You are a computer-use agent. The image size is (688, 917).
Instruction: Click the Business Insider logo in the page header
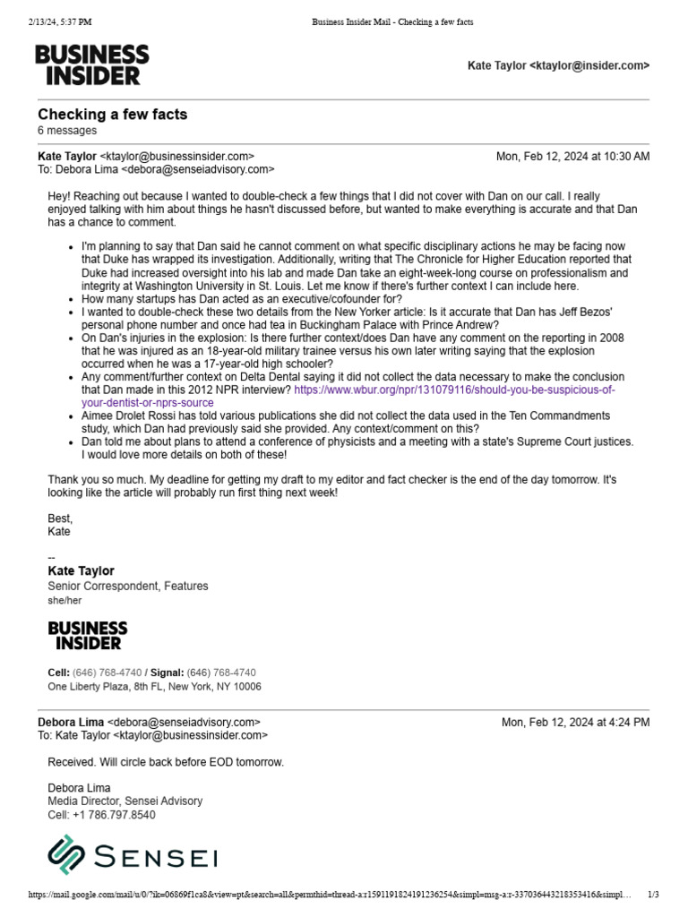tap(91, 64)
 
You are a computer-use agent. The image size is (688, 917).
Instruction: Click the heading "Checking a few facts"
tap(112, 115)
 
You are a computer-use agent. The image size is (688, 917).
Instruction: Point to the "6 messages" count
tap(67, 131)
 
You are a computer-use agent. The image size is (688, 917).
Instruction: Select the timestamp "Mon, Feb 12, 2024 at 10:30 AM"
tap(572, 156)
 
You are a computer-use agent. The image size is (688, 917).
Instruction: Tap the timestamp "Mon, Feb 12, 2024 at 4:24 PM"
tap(575, 723)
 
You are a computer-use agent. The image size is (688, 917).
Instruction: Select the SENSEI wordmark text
tap(155, 857)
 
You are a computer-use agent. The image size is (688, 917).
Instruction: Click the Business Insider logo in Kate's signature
tap(87, 635)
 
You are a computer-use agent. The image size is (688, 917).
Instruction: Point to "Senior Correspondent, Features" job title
tap(127, 586)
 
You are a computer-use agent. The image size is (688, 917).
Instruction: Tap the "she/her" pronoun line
tap(64, 601)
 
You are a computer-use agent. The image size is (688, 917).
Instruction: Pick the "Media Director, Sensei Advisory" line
tap(125, 801)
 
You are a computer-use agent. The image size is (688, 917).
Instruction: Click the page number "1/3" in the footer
tap(652, 895)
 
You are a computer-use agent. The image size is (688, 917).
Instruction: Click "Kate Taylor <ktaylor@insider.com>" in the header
tap(558, 65)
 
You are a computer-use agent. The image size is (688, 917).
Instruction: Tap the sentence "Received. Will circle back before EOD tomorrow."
tap(166, 762)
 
